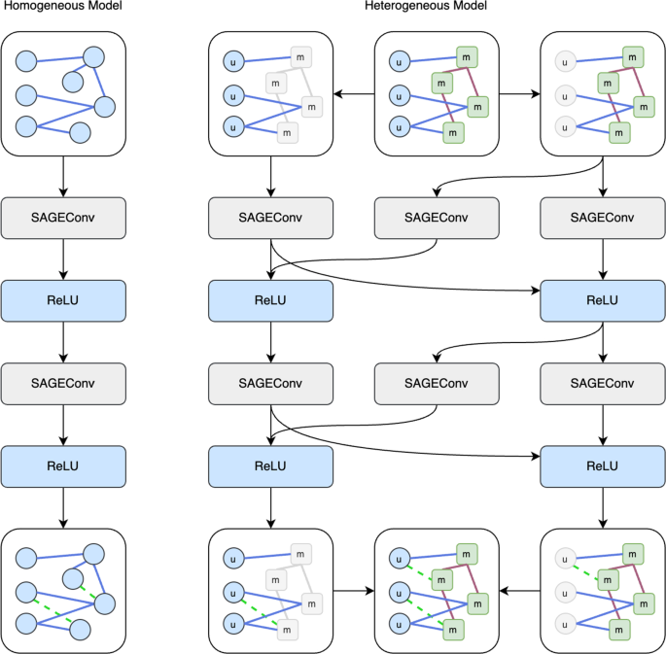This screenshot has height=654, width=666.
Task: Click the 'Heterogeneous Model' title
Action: [426, 7]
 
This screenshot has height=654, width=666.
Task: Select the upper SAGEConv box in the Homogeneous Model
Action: [63, 218]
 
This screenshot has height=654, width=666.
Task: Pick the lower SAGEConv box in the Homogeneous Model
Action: [63, 384]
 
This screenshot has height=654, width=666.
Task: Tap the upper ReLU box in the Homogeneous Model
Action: [63, 300]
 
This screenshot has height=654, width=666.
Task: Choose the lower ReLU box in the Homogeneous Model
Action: [63, 466]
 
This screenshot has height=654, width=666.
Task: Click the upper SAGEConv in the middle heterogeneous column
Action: [437, 218]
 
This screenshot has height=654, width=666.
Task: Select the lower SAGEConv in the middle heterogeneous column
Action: [437, 384]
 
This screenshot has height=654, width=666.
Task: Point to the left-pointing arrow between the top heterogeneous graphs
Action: [354, 93]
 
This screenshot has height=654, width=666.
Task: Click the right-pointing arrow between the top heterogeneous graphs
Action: [519, 93]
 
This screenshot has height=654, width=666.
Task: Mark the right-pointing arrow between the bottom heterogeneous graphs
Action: [354, 589]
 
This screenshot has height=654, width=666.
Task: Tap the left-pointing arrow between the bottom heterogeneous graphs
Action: [519, 589]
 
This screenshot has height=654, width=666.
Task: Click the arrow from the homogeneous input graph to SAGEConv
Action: [63, 176]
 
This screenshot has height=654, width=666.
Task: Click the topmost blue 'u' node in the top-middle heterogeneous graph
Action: [399, 63]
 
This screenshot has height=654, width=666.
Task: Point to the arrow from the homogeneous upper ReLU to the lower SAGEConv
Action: [63, 342]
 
